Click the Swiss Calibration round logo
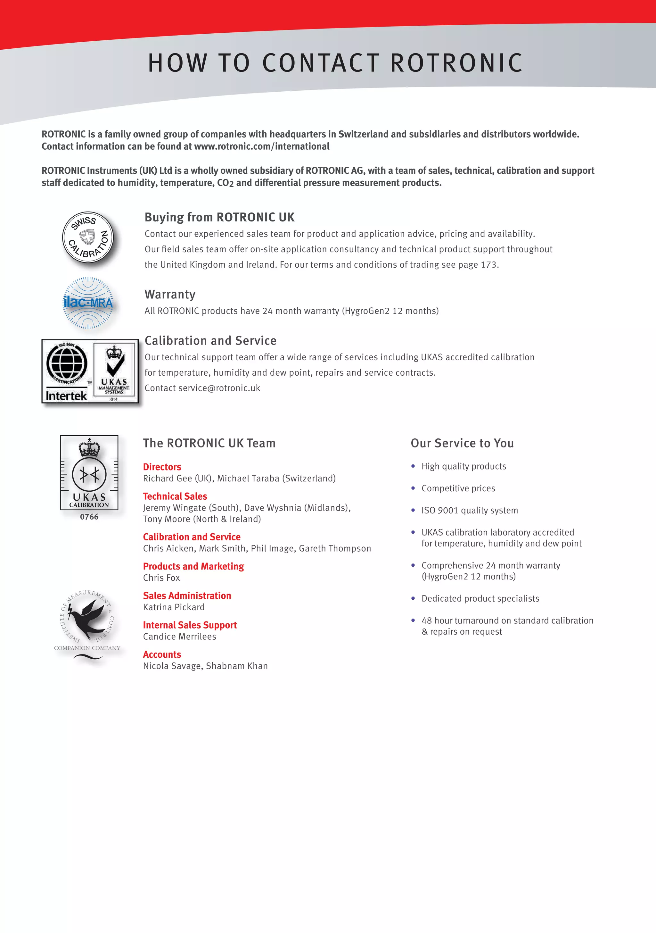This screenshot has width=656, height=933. pos(88,237)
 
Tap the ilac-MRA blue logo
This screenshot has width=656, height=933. pos(88,303)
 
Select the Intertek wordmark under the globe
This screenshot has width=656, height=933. pos(66,396)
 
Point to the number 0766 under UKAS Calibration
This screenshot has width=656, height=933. pos(89,517)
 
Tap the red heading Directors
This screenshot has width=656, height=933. pos(162,467)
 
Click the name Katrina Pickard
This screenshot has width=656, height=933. pos(174,607)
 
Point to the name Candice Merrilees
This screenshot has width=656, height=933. pos(180,636)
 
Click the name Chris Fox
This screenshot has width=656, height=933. pos(161,578)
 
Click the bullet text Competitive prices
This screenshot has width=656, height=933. pos(458,488)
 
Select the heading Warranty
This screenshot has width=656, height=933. pos(170,294)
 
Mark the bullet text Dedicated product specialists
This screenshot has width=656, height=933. pos(480,599)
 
